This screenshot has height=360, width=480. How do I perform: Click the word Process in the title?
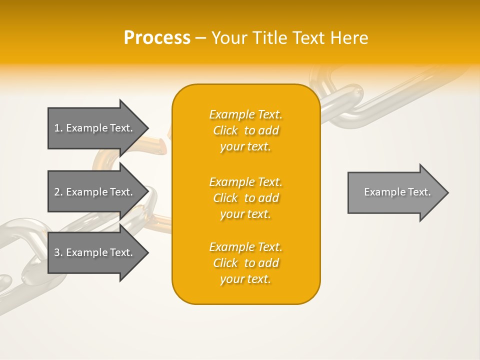click(x=157, y=38)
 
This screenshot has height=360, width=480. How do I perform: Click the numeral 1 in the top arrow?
click(x=57, y=128)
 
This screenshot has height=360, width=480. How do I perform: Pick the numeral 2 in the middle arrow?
click(x=57, y=192)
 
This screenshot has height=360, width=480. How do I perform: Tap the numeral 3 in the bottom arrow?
click(x=57, y=252)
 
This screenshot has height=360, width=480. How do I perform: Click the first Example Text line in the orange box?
click(x=245, y=114)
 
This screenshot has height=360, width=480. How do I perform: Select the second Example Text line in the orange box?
click(x=245, y=182)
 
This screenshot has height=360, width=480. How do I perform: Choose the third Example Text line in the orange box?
click(x=245, y=247)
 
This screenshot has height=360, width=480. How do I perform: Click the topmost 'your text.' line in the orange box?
click(x=245, y=146)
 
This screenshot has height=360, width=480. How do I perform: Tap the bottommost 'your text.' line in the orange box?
click(x=245, y=279)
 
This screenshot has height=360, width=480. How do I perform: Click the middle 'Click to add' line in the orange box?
click(x=245, y=198)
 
